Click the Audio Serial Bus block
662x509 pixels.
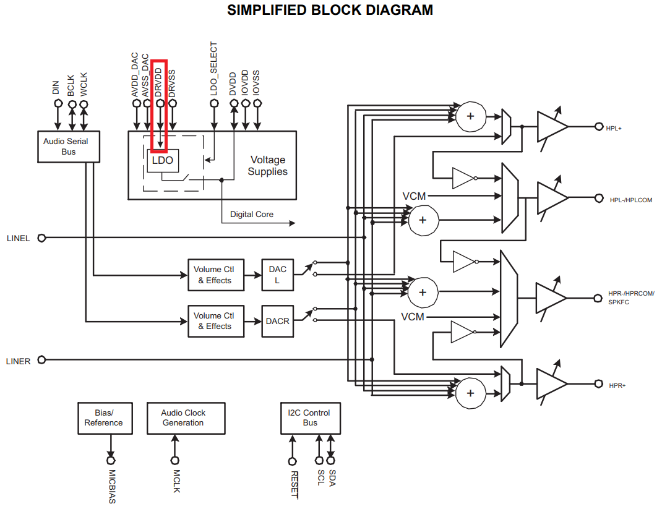click(68, 147)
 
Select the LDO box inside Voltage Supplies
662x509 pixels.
click(163, 161)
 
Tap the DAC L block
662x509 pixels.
click(277, 275)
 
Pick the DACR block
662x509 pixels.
click(277, 321)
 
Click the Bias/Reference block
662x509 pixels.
click(103, 418)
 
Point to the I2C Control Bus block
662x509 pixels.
click(310, 418)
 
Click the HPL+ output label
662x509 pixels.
click(615, 127)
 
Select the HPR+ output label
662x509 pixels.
click(617, 385)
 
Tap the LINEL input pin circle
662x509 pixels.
click(42, 238)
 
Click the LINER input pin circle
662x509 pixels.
click(42, 360)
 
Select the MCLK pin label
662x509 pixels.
click(176, 481)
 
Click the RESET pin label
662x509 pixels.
click(294, 484)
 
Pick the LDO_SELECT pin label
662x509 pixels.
click(214, 68)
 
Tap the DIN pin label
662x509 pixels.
click(56, 88)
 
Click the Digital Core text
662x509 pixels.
click(252, 215)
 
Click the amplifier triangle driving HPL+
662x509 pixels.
click(551, 127)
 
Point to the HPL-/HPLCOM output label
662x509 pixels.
click(630, 200)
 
